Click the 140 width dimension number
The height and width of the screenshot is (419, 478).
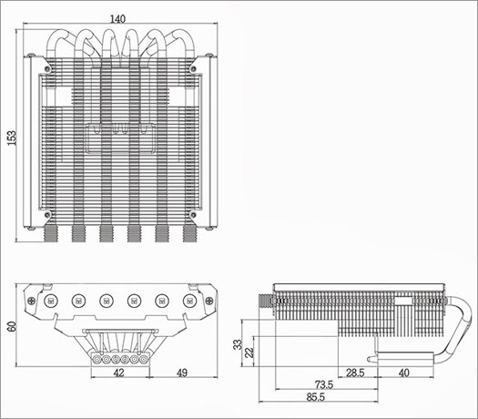tap(117, 18)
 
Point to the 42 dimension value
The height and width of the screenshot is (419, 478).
tap(118, 373)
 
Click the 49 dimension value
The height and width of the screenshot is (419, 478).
tap(181, 373)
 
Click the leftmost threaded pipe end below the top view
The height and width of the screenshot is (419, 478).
tap(47, 235)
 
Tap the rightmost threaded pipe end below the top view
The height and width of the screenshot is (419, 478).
tap(189, 235)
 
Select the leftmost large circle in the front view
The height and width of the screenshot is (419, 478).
tap(50, 297)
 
